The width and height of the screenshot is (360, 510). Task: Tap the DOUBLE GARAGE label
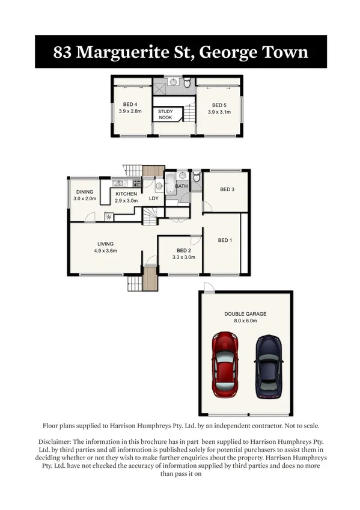pyautogui.click(x=245, y=314)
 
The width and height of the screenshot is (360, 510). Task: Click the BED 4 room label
pyautogui.click(x=130, y=104)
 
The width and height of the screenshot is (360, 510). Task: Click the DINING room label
pyautogui.click(x=85, y=191)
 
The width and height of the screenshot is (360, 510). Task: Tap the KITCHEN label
pyautogui.click(x=126, y=194)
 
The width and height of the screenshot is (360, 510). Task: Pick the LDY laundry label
pyautogui.click(x=153, y=198)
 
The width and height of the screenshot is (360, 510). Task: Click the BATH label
pyautogui.click(x=182, y=186)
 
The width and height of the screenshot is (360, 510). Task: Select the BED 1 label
pyautogui.click(x=224, y=241)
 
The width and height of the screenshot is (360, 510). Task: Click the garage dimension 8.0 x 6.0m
pyautogui.click(x=245, y=321)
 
